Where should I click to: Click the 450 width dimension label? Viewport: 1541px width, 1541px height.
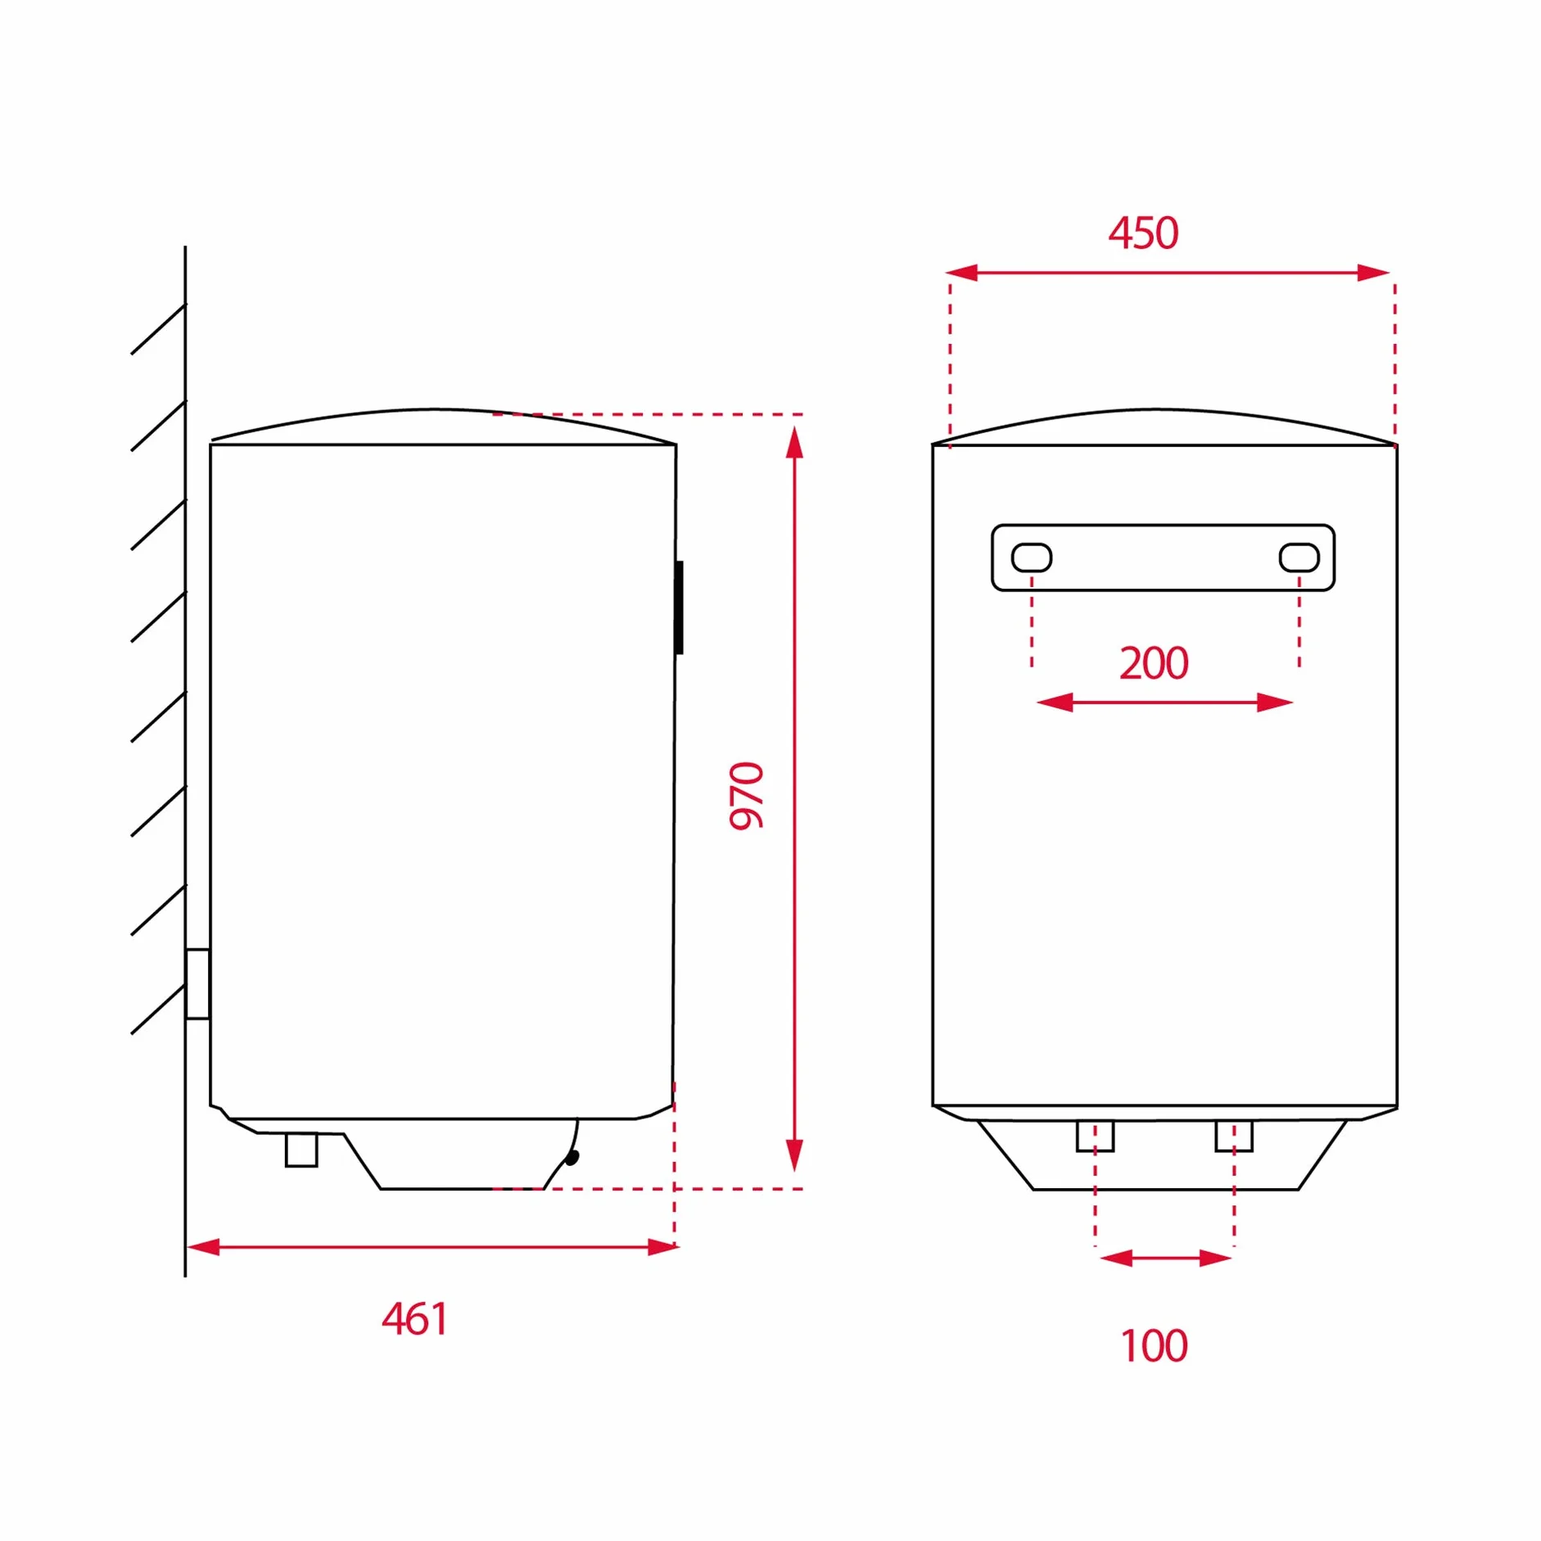tap(1143, 233)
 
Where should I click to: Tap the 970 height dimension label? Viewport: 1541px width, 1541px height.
tap(746, 796)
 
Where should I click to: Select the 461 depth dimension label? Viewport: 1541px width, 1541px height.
tap(415, 1319)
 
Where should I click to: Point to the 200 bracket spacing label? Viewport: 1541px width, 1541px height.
tap(1154, 663)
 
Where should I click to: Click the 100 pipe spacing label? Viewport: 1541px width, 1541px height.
tap(1154, 1346)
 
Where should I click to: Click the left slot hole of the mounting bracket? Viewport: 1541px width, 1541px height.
tap(1032, 558)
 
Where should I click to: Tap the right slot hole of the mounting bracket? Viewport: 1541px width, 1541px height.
tap(1299, 558)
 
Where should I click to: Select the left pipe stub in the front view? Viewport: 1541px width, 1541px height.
tap(1095, 1137)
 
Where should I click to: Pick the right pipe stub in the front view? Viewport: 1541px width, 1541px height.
tap(1234, 1137)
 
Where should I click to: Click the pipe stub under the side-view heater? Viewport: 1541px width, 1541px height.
tap(301, 1150)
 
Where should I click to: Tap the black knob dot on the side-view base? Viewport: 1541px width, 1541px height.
tap(572, 1157)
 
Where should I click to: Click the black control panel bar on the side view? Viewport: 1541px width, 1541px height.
tap(679, 608)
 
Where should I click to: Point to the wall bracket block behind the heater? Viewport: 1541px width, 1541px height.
tap(197, 984)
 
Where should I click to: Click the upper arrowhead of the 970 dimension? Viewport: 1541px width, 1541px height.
tap(794, 442)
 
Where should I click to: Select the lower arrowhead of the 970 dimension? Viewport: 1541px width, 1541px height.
tap(794, 1155)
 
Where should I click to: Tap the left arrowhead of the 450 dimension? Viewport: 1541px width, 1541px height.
tap(962, 273)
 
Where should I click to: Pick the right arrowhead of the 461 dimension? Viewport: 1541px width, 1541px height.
tap(663, 1247)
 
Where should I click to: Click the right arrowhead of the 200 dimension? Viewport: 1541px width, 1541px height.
tap(1275, 703)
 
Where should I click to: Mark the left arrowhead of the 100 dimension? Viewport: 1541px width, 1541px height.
tap(1116, 1259)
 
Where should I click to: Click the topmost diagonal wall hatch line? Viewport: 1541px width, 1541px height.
tap(159, 329)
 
